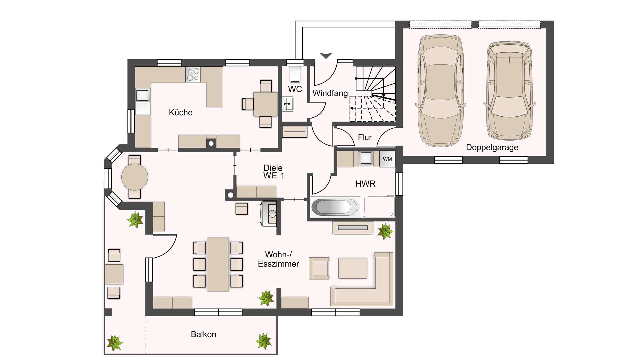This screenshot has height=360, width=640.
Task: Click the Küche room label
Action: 181,112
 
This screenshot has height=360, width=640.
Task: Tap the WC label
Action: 295,89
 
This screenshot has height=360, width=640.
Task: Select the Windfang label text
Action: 330,93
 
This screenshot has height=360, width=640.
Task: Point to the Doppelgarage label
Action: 492,147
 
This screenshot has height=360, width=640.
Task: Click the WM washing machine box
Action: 387,159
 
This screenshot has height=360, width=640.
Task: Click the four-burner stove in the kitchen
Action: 193,74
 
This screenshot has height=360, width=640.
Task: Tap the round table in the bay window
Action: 135,177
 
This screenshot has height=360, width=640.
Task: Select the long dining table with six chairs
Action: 218,264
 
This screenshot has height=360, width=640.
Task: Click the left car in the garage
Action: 441,91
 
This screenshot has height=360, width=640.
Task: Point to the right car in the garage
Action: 509,91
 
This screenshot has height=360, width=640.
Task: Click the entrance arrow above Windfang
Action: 326,56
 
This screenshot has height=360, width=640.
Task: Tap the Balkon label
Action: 203,334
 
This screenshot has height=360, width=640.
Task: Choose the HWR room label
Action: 365,184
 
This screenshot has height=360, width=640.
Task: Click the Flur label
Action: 365,137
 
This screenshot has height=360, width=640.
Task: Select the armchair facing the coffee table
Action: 319,268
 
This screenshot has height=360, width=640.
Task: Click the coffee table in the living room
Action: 353,268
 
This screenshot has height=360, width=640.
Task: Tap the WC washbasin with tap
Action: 288,104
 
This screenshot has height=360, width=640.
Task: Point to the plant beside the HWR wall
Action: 385,231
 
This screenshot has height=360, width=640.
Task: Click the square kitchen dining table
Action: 265,104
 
